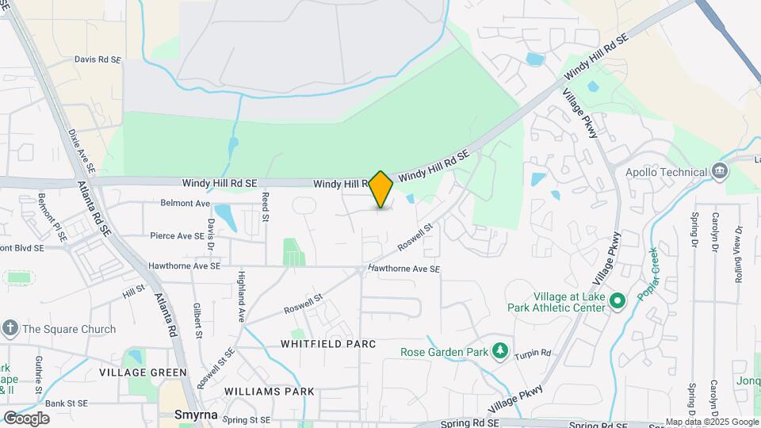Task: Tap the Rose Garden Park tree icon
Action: [499, 351]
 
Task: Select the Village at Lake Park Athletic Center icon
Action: [618, 300]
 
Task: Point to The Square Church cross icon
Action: [10, 329]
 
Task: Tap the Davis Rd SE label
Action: [98, 59]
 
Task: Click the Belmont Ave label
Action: [185, 203]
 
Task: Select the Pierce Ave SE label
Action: [178, 235]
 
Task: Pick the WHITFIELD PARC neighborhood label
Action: [327, 344]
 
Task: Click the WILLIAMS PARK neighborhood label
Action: [269, 392]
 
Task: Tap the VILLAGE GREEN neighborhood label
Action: [143, 373]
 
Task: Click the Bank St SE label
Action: [66, 403]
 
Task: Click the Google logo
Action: [27, 418]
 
